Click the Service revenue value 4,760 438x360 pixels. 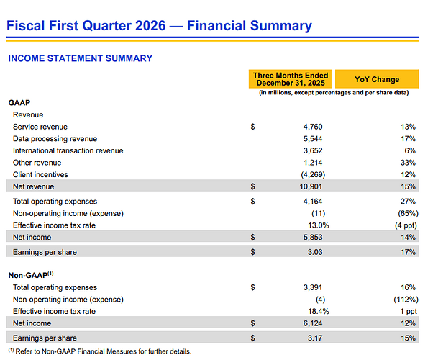point(313,127)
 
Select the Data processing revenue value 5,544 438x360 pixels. point(313,139)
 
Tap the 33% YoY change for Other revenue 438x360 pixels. point(408,163)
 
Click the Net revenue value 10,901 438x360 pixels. point(311,186)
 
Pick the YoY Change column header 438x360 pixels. point(377,79)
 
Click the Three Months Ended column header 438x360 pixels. point(291,79)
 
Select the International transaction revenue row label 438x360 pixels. point(68,150)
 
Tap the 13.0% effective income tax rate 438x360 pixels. point(319,225)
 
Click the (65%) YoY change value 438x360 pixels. point(408,213)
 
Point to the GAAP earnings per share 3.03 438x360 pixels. point(315,252)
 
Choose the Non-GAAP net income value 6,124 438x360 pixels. point(313,323)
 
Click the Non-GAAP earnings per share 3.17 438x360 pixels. point(315,338)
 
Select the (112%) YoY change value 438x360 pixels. point(406,300)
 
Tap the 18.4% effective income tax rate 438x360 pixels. point(319,311)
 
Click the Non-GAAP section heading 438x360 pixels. point(31,275)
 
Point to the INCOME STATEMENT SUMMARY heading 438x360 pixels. point(81,58)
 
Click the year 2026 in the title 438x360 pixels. point(150,25)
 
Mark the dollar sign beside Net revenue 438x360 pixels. point(252,186)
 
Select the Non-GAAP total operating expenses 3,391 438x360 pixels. point(313,287)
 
